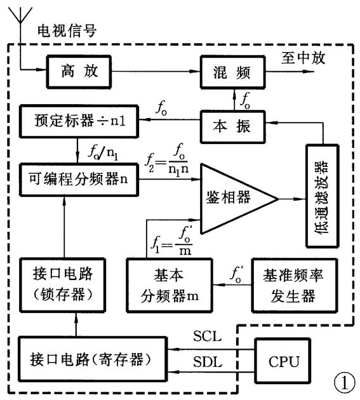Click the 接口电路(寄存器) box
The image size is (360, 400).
tap(89, 359)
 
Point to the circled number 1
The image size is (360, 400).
tap(343, 383)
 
